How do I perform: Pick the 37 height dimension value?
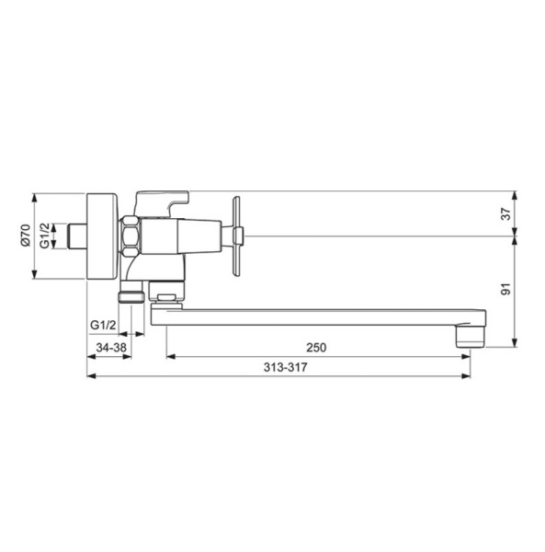coord(504,213)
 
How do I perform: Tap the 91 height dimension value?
coord(504,290)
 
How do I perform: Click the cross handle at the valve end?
coord(235,236)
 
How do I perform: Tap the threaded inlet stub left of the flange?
coord(78,236)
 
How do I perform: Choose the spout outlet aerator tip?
coord(470,337)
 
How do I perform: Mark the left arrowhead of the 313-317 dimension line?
coord(90,375)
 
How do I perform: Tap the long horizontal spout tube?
coord(312,317)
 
